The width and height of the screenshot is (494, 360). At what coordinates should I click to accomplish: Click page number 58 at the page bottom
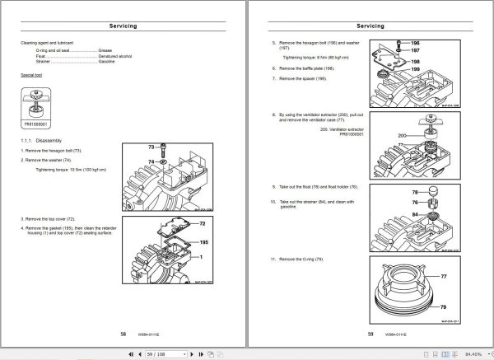tap(123, 334)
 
